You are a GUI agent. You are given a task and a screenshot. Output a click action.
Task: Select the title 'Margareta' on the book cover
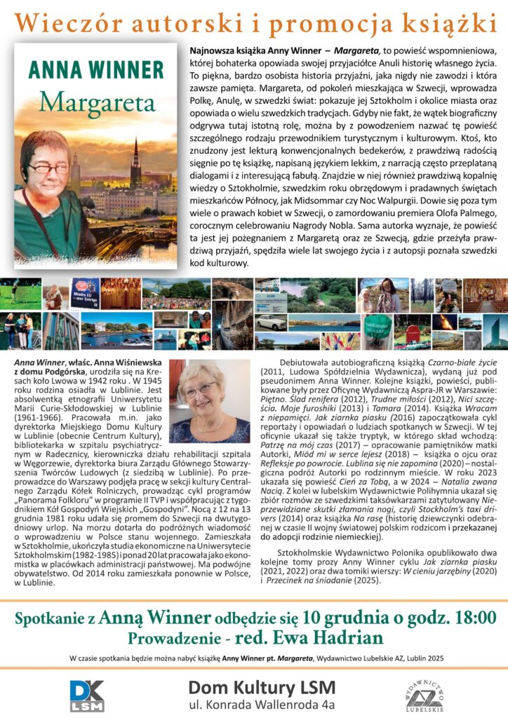click(x=96, y=102)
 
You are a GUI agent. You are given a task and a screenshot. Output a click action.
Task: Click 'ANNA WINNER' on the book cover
click(x=96, y=72)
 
